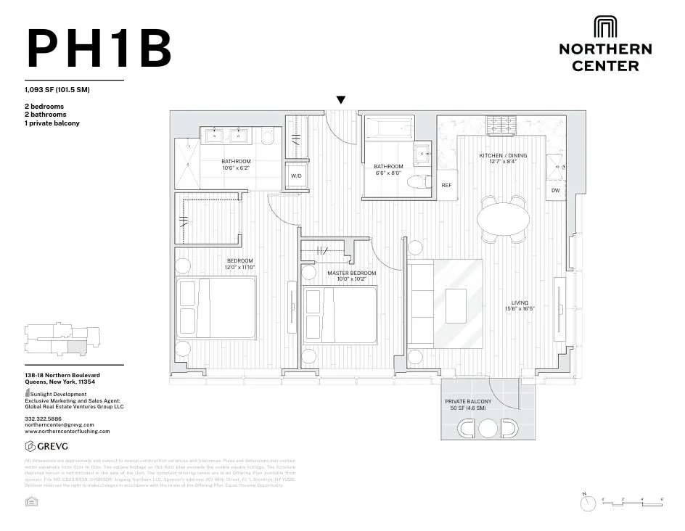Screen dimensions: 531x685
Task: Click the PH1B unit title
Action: (99, 49)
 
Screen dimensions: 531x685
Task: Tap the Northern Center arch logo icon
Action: (605, 27)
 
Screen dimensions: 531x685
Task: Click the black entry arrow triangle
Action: (340, 100)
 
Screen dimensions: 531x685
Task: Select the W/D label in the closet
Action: (297, 176)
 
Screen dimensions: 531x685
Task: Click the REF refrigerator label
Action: (447, 185)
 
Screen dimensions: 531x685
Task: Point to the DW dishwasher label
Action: (555, 191)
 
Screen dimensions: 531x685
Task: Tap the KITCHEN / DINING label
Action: (503, 156)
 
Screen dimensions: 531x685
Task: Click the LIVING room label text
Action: (520, 303)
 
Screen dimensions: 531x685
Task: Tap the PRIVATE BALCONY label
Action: (468, 401)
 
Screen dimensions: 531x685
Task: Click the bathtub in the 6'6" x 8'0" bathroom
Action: (387, 131)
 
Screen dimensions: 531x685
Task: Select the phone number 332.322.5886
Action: (44, 419)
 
